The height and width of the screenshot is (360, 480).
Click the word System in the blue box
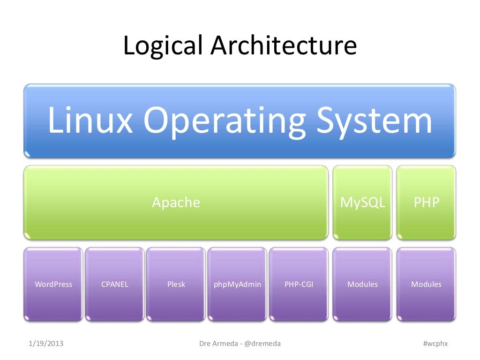[x=373, y=120]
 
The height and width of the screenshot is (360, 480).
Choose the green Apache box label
[x=176, y=202]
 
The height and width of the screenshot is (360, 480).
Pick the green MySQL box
[x=362, y=202]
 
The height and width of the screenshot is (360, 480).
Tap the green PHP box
[x=426, y=202]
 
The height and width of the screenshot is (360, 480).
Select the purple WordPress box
[x=53, y=284]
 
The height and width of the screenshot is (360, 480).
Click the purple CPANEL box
[x=115, y=284]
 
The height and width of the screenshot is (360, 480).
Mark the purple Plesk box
[x=176, y=284]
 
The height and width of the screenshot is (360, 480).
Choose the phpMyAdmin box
[x=237, y=284]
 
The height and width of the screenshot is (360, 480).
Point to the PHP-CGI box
[x=299, y=284]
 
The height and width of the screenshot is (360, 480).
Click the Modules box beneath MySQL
[x=362, y=284]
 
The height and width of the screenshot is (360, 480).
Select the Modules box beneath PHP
[x=426, y=284]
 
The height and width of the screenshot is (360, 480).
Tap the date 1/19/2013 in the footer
[x=46, y=344]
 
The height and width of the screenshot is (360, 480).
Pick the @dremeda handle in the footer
[x=262, y=344]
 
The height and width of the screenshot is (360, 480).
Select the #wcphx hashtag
[x=435, y=344]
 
